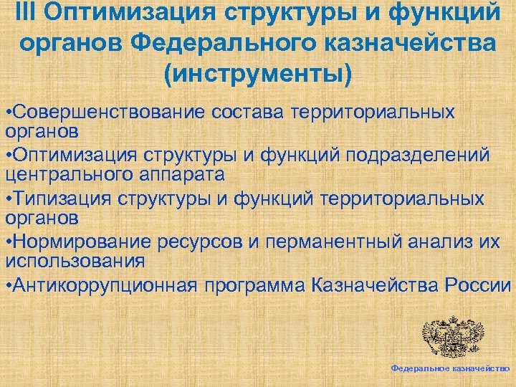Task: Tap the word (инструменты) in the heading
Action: (x=258, y=74)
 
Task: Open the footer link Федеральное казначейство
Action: (x=450, y=367)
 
